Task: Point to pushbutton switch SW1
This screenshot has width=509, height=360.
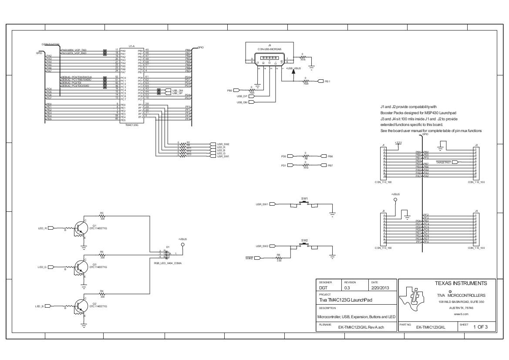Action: (x=304, y=204)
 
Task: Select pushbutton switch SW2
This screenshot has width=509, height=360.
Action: (x=304, y=245)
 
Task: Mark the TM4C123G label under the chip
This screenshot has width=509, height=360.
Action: (x=132, y=125)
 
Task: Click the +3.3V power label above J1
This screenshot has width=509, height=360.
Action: (x=398, y=142)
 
